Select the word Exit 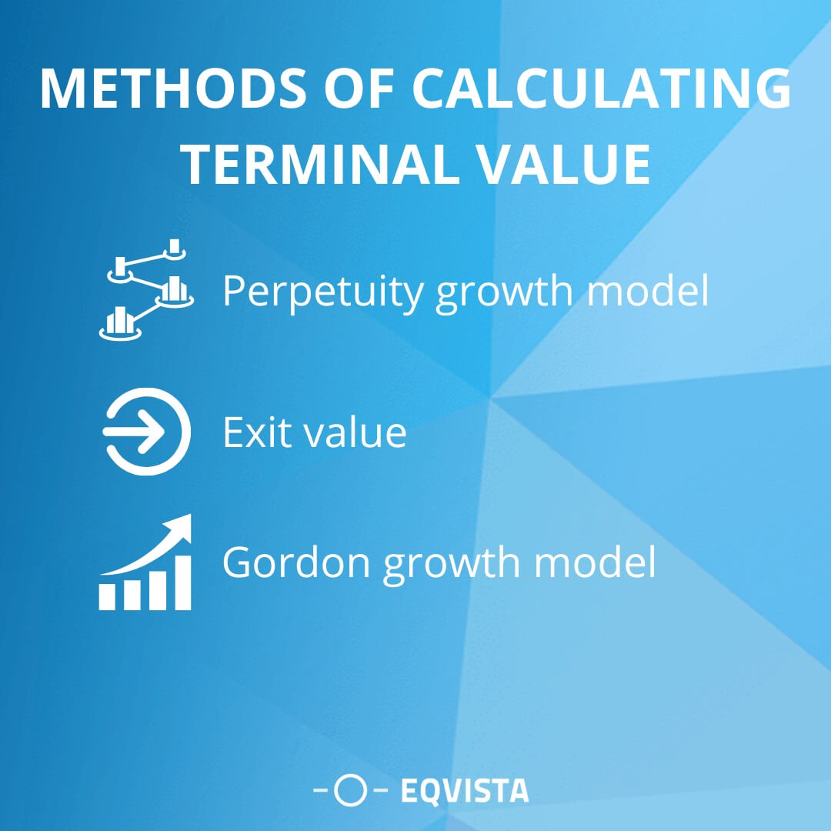pos(256,432)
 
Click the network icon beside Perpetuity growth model pos(146,289)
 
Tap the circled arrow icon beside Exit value pos(146,431)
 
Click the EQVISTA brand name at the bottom pos(465,790)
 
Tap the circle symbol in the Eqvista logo pos(352,790)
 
